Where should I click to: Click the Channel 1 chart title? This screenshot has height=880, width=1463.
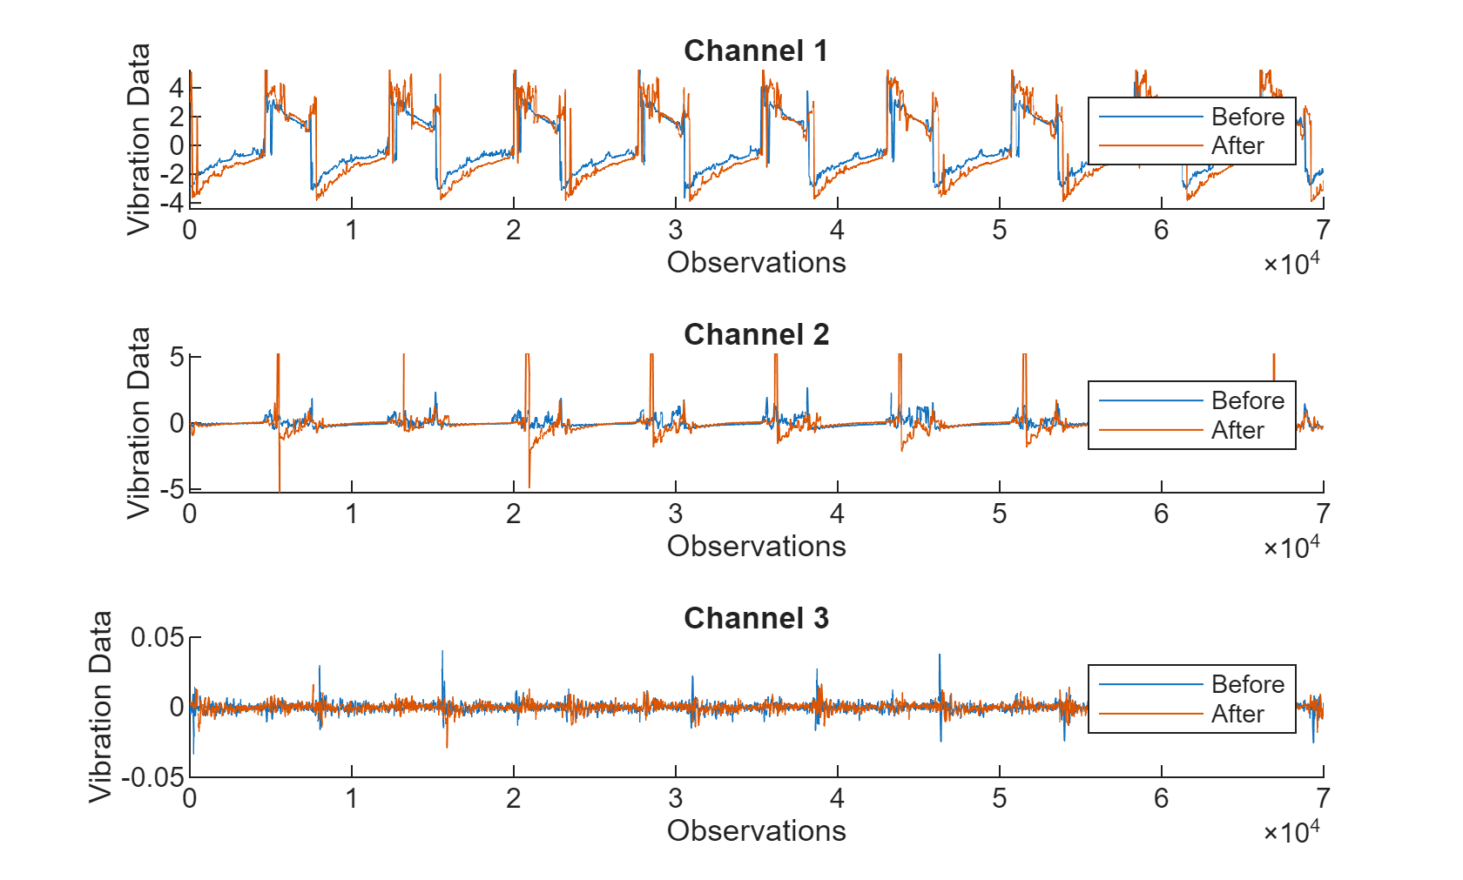point(755,50)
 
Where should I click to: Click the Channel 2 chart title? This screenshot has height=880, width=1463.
point(755,334)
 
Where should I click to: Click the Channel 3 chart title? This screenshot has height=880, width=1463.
point(755,618)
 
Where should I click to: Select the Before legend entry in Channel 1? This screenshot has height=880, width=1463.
point(1246,117)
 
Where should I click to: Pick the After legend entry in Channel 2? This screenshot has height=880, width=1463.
point(1237,430)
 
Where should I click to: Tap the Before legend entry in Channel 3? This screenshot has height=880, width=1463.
point(1246,684)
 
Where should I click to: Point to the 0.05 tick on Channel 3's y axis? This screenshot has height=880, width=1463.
point(157,638)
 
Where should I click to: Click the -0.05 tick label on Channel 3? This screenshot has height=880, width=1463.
point(153,777)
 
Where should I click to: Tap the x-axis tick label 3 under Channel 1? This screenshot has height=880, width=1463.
point(675,231)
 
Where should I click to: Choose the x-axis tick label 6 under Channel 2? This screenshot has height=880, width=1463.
point(1161,514)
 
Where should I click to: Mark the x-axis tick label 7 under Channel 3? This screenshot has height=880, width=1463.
point(1323,798)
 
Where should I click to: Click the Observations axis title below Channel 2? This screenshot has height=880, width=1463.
point(755,547)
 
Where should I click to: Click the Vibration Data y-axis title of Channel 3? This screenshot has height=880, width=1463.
point(101,706)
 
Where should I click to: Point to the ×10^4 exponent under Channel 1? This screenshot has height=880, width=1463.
point(1291,263)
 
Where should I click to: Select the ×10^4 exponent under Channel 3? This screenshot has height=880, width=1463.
point(1291,831)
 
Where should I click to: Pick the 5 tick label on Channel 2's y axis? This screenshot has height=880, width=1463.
point(177,357)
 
